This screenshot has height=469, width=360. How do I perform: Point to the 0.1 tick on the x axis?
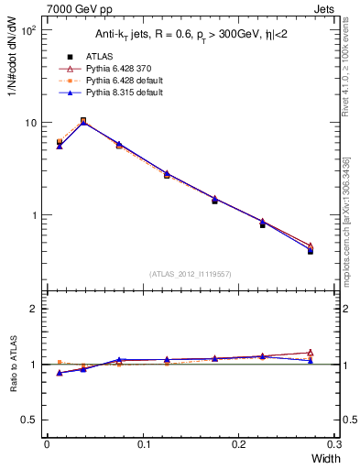pyautogui.click(x=143, y=444)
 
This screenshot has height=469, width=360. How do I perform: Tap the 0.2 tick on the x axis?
pyautogui.click(x=239, y=444)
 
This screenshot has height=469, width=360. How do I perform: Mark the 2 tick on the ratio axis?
pyautogui.click(x=35, y=310)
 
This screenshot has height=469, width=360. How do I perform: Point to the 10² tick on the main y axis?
pyautogui.click(x=28, y=30)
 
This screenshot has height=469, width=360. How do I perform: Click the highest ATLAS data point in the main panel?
pyautogui.click(x=83, y=120)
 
